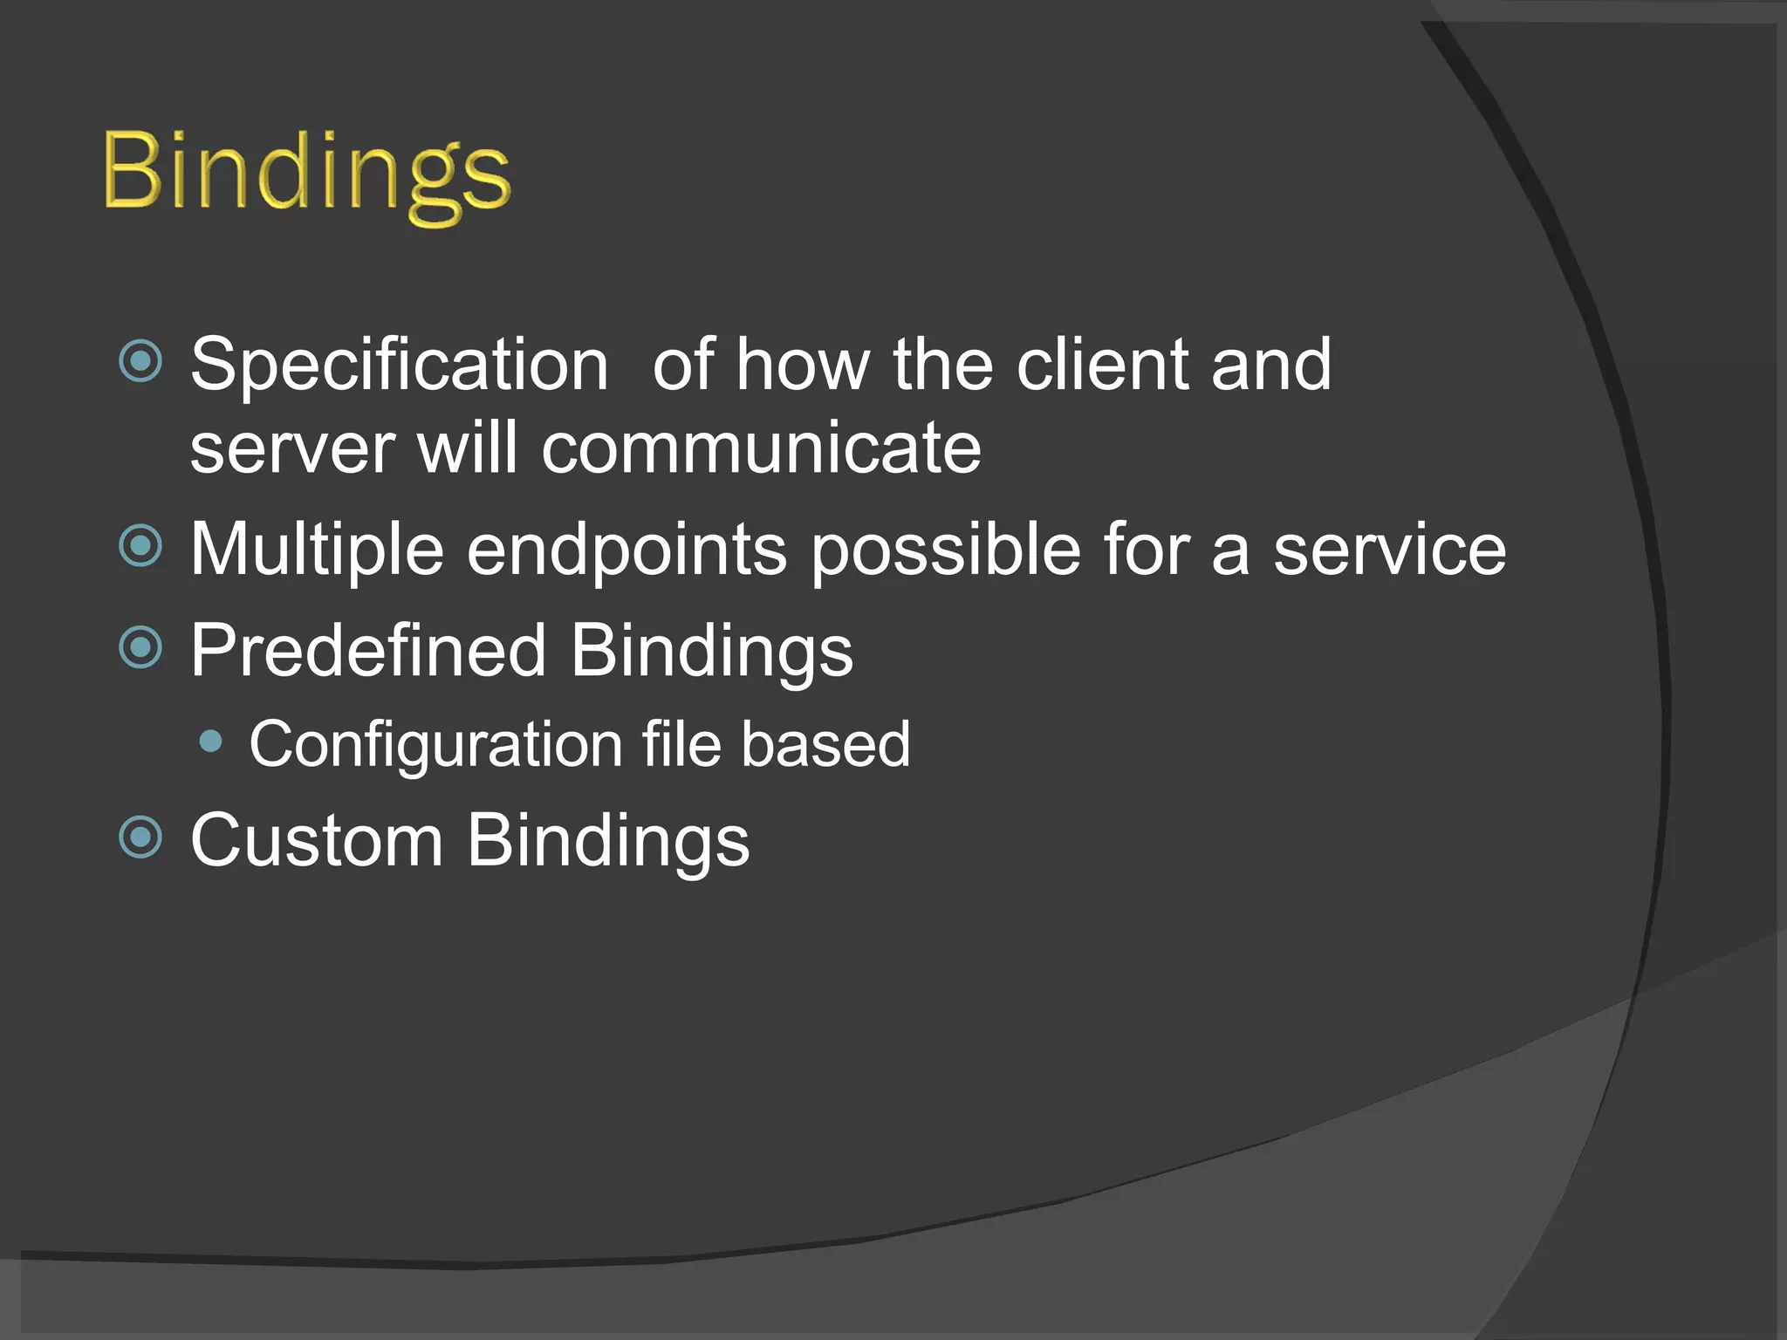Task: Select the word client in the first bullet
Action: point(1101,365)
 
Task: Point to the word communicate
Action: point(761,448)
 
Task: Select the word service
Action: point(1389,550)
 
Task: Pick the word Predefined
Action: point(367,651)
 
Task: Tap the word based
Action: point(825,744)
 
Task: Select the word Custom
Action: point(317,840)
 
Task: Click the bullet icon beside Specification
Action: point(140,360)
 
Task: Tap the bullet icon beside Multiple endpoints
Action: point(140,546)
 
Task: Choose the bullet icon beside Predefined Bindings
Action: point(140,646)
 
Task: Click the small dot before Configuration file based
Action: point(210,742)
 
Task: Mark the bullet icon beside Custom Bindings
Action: point(140,837)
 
